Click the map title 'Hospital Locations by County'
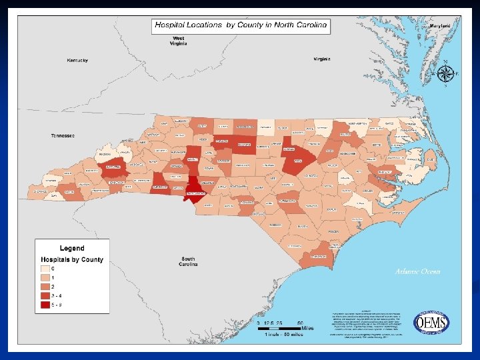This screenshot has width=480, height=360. pos(241,25)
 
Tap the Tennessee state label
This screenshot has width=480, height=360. pos(63,135)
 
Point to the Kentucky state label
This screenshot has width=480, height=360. pos(77,61)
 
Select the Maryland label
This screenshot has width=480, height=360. pos(440,25)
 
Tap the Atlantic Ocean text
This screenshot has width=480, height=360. pos(417,271)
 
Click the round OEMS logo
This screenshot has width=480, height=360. pos(432,322)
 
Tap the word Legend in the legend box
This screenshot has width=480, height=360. pos(73,248)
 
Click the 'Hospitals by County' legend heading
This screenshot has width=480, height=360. pos(73,259)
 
